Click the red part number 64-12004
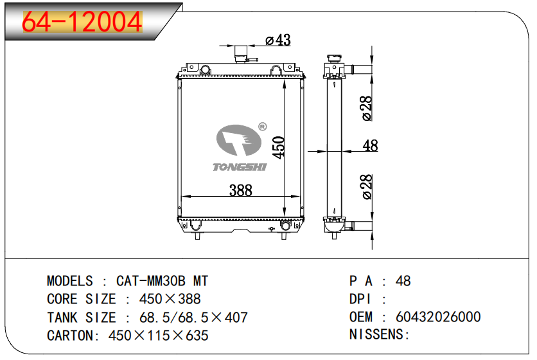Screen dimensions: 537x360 tap(82, 21)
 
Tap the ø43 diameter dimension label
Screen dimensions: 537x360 tap(278, 40)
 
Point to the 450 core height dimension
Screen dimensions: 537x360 tap(279, 147)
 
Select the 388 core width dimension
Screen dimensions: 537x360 tap(240, 190)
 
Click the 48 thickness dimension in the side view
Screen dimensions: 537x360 tap(370, 146)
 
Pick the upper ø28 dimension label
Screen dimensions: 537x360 tap(366, 108)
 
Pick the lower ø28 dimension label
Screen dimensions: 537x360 tap(366, 187)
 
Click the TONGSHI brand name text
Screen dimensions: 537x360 tap(240, 167)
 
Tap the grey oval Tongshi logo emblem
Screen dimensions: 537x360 tap(239, 140)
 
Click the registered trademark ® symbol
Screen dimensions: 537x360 tap(262, 127)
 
